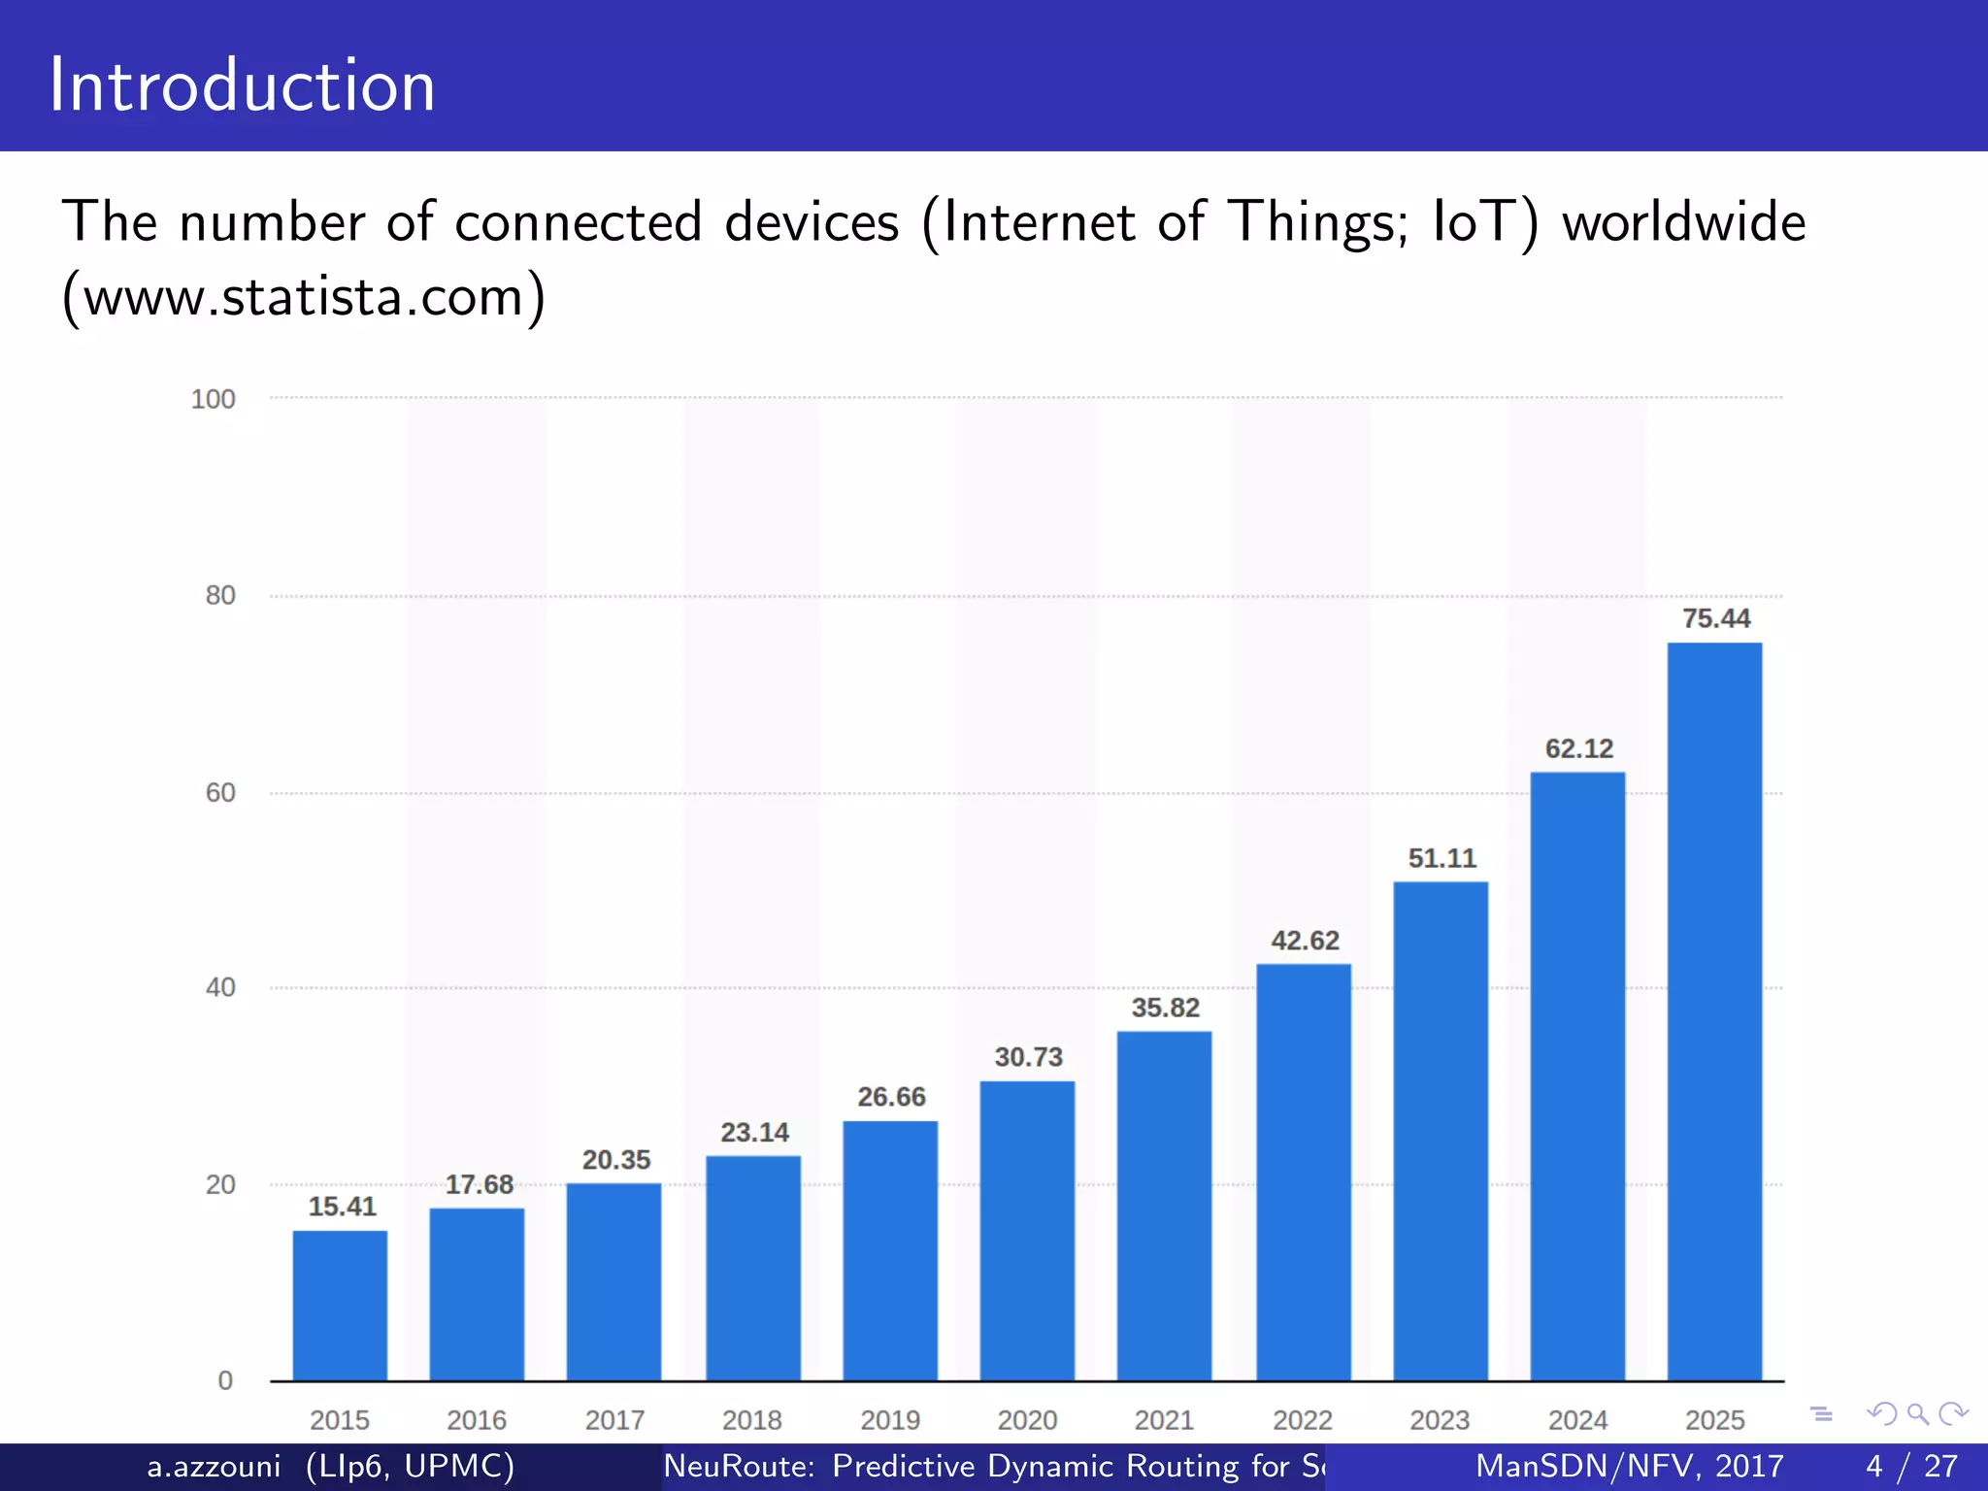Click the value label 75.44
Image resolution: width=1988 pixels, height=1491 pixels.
tap(1716, 618)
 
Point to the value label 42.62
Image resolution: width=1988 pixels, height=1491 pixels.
tap(1305, 941)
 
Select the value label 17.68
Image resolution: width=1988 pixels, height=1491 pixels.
tap(479, 1184)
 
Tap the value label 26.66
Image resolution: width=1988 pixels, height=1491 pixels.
tap(891, 1097)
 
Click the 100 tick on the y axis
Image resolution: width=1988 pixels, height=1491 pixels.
tap(213, 399)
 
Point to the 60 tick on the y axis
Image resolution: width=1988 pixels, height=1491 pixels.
tap(220, 793)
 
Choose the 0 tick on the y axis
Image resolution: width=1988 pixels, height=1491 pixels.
tap(225, 1380)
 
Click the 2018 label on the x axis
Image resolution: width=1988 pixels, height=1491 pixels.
tap(751, 1420)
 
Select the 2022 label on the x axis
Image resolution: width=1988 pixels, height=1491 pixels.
tap(1303, 1420)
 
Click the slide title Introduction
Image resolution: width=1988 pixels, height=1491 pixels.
tap(242, 85)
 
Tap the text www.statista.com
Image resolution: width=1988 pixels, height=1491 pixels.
tap(304, 296)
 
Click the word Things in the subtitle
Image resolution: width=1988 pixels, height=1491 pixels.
tap(1317, 223)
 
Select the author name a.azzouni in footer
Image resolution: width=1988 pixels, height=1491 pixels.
tap(214, 1466)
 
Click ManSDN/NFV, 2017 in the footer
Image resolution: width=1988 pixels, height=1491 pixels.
tap(1629, 1466)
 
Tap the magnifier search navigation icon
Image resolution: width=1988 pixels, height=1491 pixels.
tap(1917, 1414)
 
